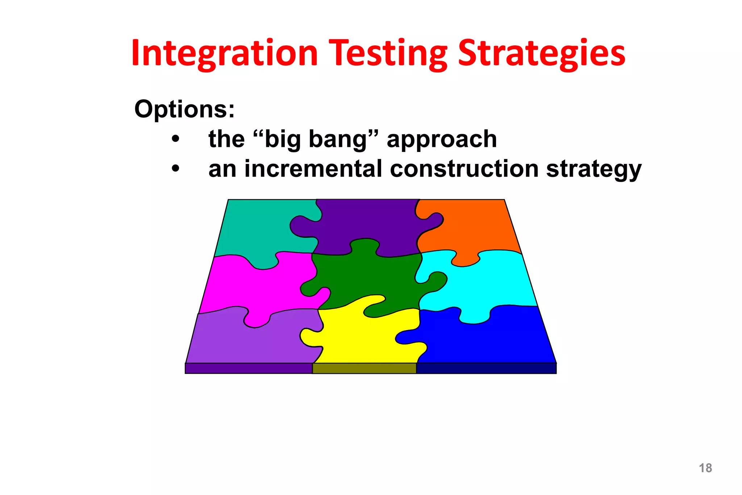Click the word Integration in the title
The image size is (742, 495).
pyautogui.click(x=225, y=54)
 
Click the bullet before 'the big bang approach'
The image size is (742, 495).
pyautogui.click(x=176, y=139)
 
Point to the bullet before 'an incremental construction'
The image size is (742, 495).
pyautogui.click(x=176, y=169)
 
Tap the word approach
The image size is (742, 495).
pyautogui.click(x=442, y=140)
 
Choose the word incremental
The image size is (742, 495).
pyautogui.click(x=313, y=169)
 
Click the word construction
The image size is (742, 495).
pyautogui.click(x=464, y=169)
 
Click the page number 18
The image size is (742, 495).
pyautogui.click(x=705, y=468)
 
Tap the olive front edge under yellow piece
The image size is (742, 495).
pyautogui.click(x=364, y=368)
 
